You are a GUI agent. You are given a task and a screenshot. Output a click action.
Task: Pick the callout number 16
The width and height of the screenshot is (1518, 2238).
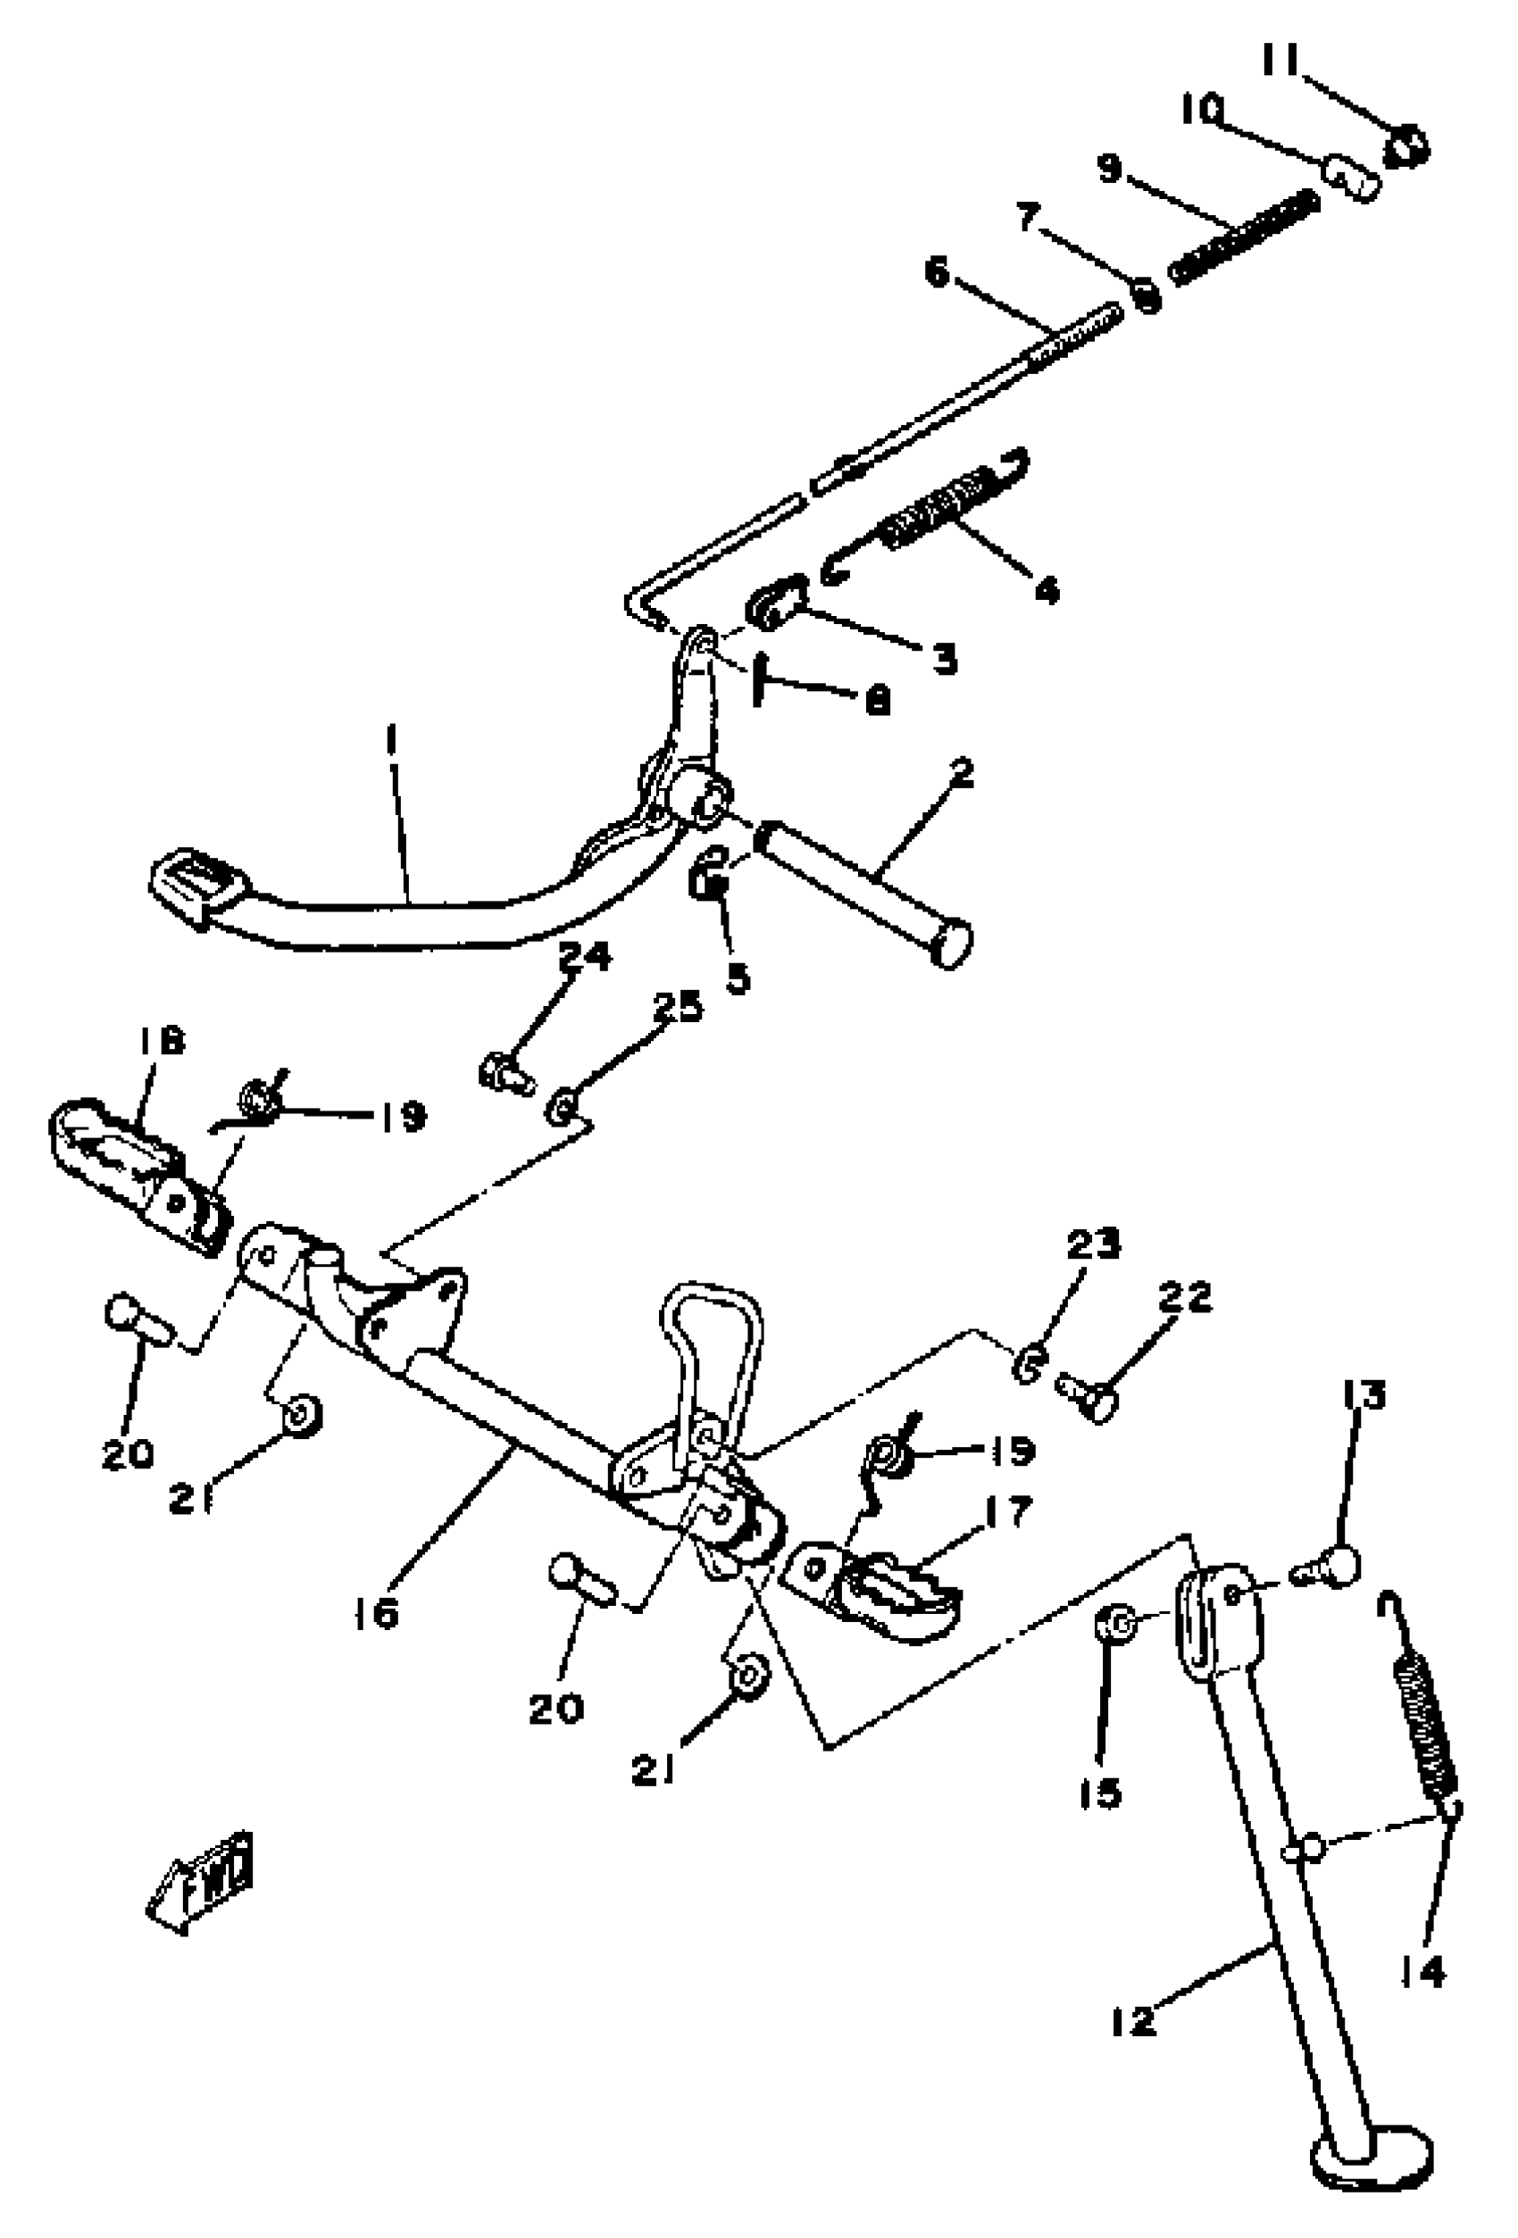point(376,1613)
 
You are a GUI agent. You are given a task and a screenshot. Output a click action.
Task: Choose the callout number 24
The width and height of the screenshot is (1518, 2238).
point(585,956)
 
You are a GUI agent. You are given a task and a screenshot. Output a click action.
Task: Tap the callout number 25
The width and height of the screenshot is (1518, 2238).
point(677,1006)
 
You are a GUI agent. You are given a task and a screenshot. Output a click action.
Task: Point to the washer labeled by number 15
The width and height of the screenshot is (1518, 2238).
point(1116,1627)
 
